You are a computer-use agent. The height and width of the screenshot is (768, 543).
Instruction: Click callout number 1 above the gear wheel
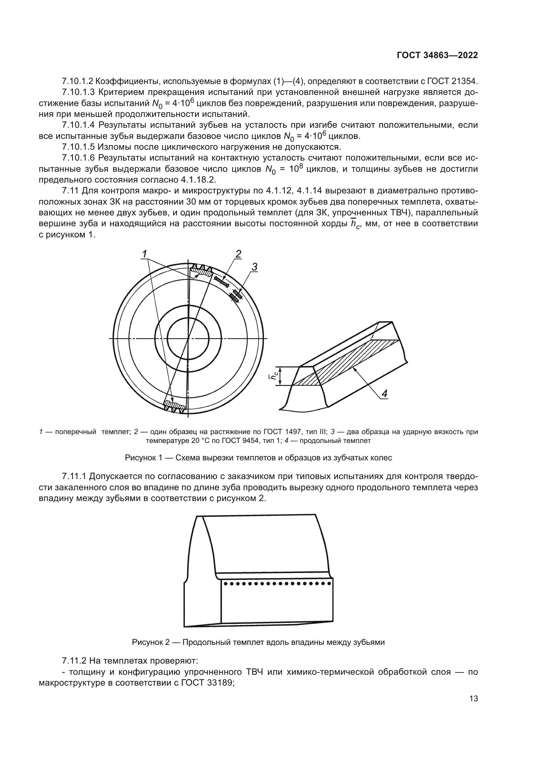pyautogui.click(x=144, y=254)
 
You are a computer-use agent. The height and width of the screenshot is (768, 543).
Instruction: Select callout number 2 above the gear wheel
pyautogui.click(x=238, y=254)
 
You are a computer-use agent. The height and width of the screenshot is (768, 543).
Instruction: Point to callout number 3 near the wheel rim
pyautogui.click(x=254, y=267)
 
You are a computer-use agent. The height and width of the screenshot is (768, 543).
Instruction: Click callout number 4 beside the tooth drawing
pyautogui.click(x=384, y=394)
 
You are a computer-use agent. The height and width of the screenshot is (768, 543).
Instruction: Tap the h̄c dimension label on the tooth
pyautogui.click(x=273, y=377)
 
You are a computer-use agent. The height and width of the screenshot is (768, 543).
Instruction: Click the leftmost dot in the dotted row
pyautogui.click(x=225, y=584)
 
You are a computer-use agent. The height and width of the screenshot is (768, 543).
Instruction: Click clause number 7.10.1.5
pyautogui.click(x=78, y=147)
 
